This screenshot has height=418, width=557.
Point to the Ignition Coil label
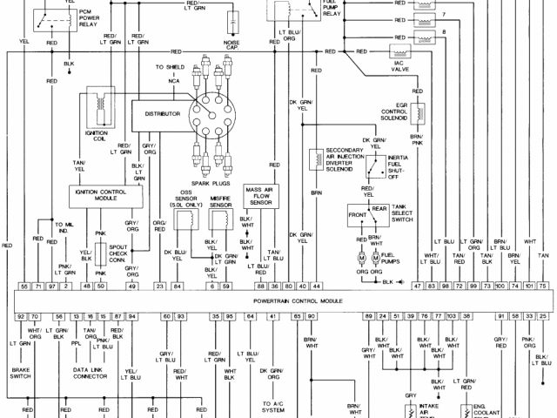(96, 138)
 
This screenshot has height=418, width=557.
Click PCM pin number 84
(177, 286)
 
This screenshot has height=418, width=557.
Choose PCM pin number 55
(24, 286)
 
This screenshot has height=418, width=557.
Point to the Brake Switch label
(22, 371)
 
